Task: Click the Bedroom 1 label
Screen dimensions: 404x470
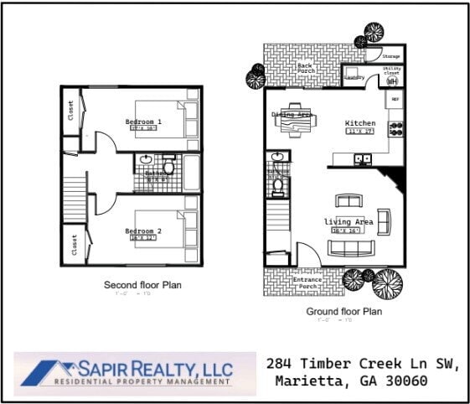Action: pos(143,122)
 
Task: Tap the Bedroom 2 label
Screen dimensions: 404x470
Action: pos(142,231)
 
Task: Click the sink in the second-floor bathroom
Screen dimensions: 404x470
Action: pos(147,159)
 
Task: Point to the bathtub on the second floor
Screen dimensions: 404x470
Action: pos(192,172)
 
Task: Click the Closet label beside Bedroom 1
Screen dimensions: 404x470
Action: pos(71,111)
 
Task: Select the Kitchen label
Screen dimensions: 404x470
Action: pos(360,123)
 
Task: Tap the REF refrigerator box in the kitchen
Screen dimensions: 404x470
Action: pos(395,98)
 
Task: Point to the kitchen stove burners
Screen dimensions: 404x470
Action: pos(396,128)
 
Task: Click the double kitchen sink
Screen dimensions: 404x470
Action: pos(363,158)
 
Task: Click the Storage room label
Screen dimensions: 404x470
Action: pos(391,56)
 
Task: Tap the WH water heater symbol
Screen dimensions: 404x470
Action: pos(391,80)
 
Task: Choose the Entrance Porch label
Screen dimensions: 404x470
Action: pos(305,282)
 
